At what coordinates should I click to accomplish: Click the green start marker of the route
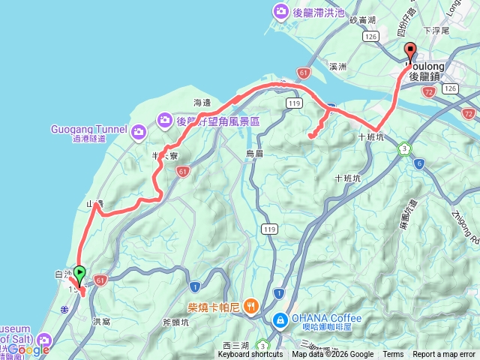79,275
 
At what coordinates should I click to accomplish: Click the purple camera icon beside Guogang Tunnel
138,133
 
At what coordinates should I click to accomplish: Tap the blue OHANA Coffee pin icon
280,320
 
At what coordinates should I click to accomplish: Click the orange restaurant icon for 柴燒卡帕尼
251,306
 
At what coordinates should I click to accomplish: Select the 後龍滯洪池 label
318,11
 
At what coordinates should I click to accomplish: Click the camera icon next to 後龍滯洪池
280,11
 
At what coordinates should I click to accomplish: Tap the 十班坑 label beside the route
370,137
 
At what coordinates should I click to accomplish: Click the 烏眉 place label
255,153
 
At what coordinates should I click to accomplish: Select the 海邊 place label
203,102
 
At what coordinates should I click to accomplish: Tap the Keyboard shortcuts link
250,354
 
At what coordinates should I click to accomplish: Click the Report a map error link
444,354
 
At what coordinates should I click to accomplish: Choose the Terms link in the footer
393,354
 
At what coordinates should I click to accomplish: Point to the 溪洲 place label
337,67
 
